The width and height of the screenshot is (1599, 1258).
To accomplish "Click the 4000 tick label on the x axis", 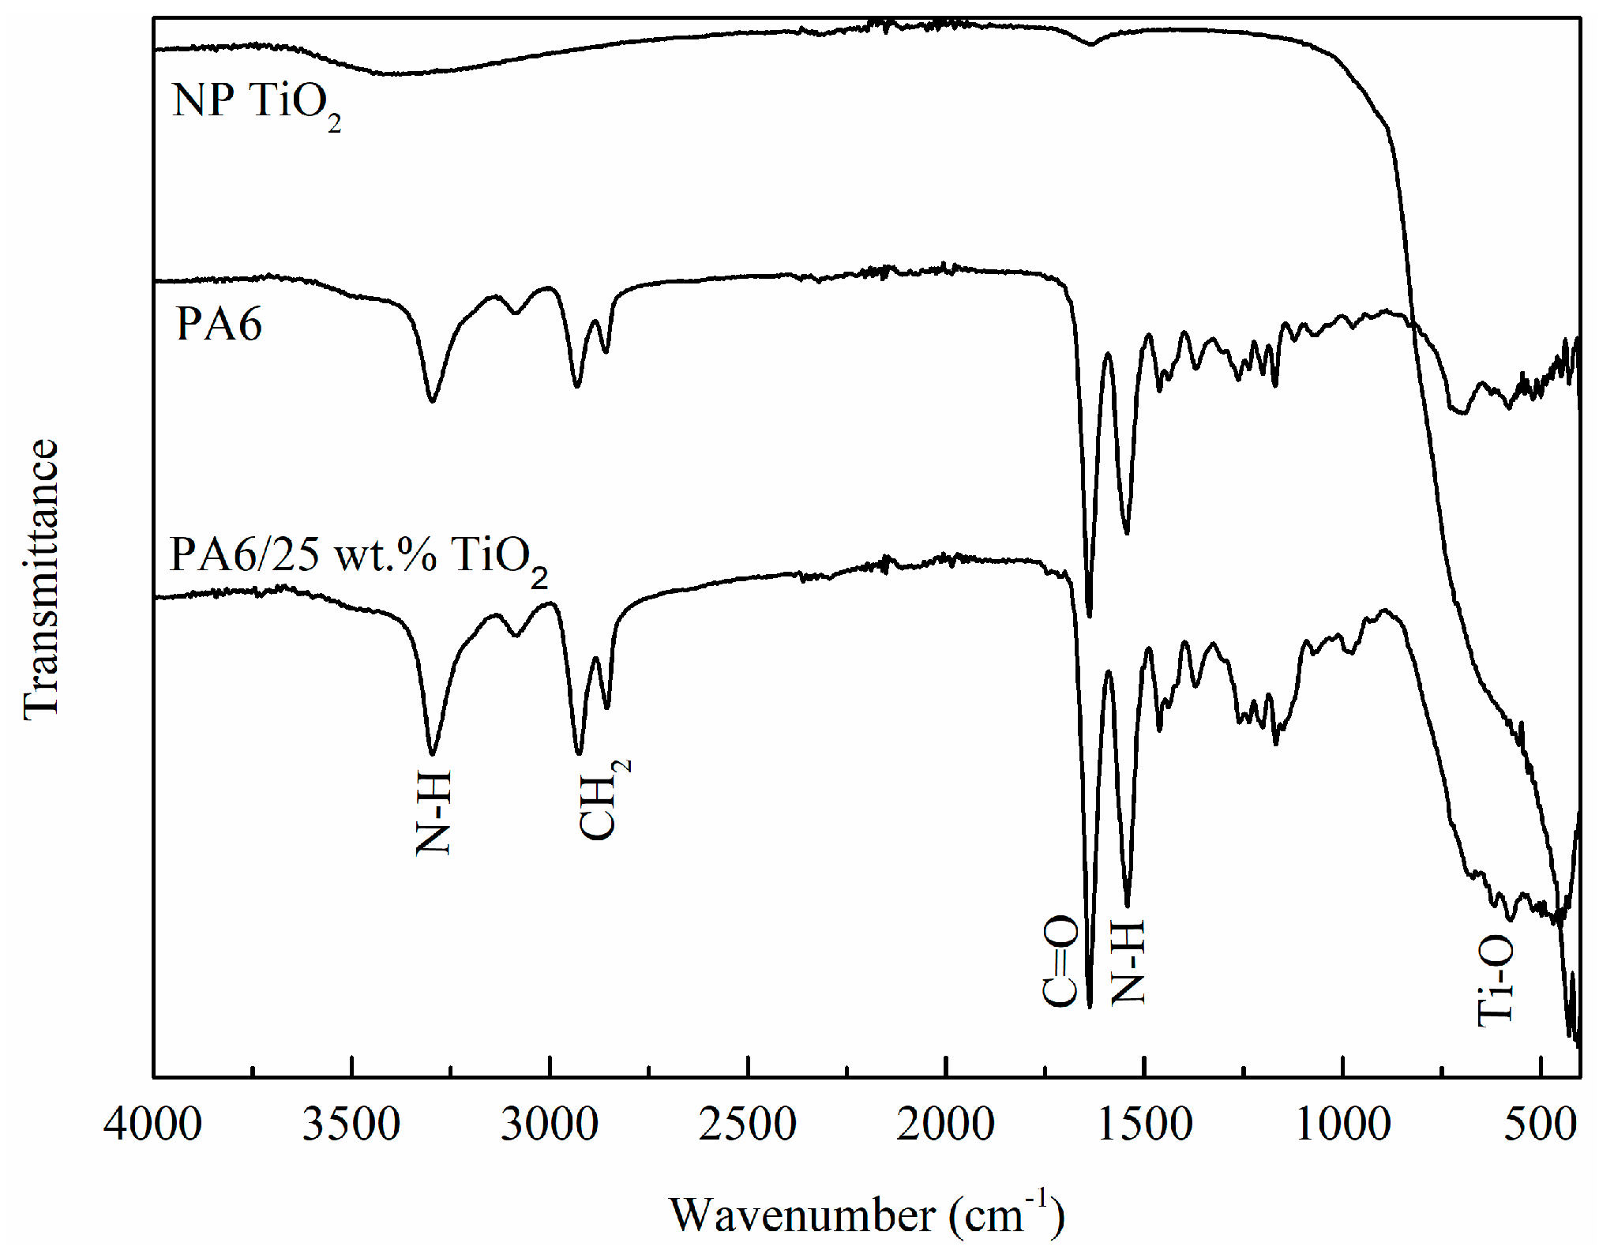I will tap(152, 1124).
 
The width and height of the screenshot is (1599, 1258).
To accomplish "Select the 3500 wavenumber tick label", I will tap(351, 1124).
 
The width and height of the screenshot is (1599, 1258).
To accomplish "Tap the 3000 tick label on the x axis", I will tap(550, 1124).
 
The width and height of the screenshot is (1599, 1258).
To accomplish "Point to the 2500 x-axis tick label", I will tap(748, 1124).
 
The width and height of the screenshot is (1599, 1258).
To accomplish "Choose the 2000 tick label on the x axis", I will tap(946, 1124).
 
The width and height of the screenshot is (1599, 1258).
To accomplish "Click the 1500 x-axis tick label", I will tap(1144, 1124).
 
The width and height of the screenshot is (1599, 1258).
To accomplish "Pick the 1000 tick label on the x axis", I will tap(1343, 1124).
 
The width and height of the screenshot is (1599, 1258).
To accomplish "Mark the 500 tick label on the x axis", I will tap(1541, 1124).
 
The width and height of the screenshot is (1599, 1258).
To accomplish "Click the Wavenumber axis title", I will tap(867, 1214).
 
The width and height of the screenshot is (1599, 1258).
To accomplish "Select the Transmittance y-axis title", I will tap(41, 579).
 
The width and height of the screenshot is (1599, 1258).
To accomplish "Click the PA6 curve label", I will tap(219, 324).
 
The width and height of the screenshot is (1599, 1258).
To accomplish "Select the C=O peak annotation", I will tap(1060, 961).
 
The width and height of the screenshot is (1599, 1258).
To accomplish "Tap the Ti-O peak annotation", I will tap(1495, 980).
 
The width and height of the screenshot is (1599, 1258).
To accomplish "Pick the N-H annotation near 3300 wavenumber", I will tap(433, 813).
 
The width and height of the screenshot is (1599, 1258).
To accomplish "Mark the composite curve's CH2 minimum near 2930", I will tap(579, 753).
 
